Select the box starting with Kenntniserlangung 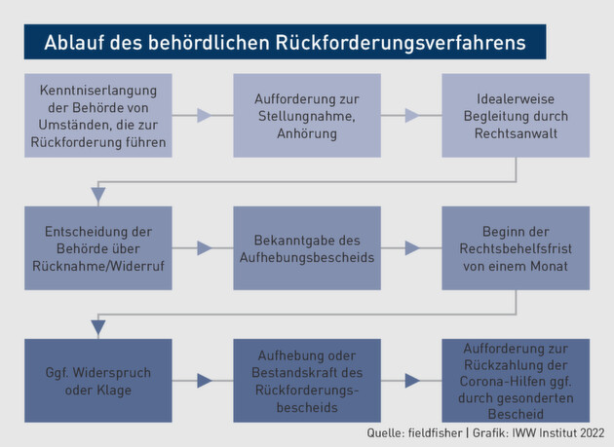click(x=98, y=116)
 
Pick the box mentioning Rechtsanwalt click(x=516, y=116)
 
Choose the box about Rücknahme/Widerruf click(x=98, y=248)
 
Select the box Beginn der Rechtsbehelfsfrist click(x=516, y=248)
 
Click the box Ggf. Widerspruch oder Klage click(x=98, y=381)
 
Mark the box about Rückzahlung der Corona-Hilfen click(x=516, y=381)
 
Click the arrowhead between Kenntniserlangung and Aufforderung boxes click(x=205, y=116)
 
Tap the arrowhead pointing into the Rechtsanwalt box click(x=413, y=116)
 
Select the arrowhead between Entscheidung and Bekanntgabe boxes click(x=205, y=248)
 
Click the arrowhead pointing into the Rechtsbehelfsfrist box click(x=413, y=248)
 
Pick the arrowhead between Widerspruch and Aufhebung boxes click(x=205, y=381)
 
